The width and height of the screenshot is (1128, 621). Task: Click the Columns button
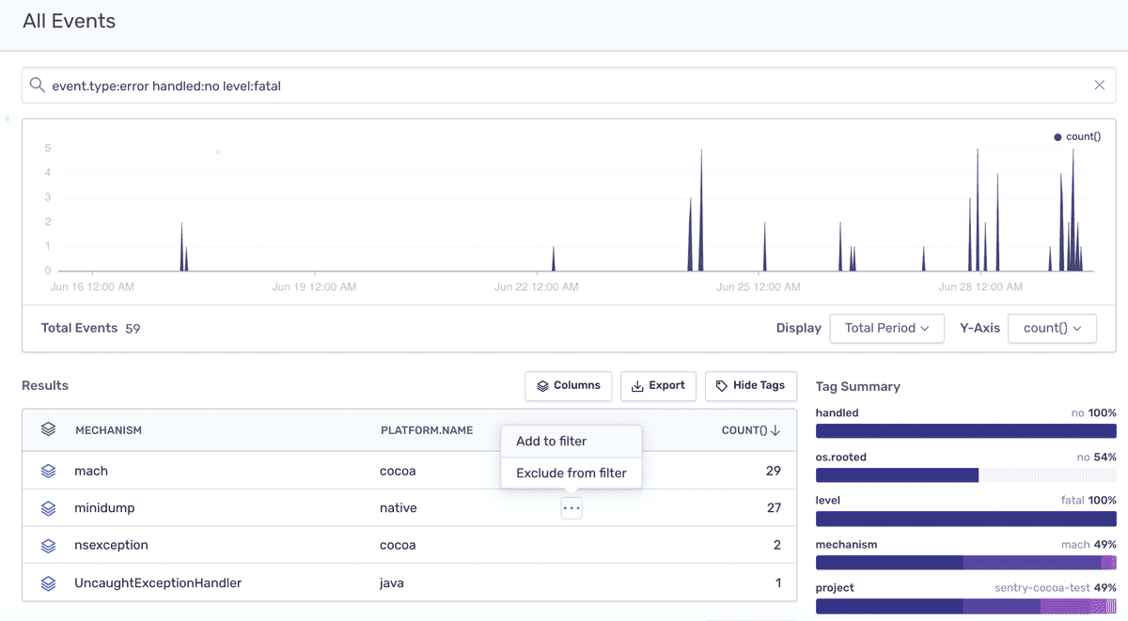click(568, 386)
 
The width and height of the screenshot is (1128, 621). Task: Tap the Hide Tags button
click(751, 386)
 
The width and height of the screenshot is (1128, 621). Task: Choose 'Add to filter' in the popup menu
click(551, 442)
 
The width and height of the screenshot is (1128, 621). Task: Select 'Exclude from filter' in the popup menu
click(572, 474)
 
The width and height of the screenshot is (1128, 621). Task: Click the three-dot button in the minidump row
click(572, 507)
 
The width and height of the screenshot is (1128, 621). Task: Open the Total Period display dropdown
click(886, 328)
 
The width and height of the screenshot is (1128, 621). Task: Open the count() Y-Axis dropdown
click(1052, 328)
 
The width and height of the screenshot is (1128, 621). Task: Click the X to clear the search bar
click(1099, 85)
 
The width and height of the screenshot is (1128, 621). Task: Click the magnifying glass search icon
click(38, 85)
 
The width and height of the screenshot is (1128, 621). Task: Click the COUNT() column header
click(750, 430)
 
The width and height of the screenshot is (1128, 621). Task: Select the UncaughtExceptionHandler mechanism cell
click(158, 582)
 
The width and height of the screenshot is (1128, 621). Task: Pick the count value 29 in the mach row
click(774, 471)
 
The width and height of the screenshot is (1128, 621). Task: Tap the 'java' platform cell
click(392, 582)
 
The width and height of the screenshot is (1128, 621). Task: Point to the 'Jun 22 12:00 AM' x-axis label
click(537, 287)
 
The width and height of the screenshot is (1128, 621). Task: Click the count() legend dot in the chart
click(1057, 137)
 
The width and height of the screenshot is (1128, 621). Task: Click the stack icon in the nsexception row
click(48, 546)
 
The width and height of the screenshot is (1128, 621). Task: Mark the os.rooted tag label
click(841, 457)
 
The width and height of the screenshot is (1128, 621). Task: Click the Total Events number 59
click(133, 329)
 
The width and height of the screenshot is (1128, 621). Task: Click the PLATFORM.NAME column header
click(427, 430)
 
